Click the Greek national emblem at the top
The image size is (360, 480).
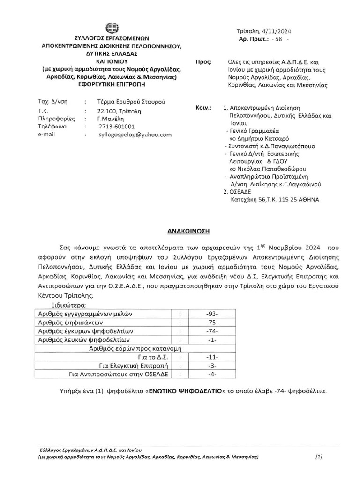pyautogui.click(x=112, y=28)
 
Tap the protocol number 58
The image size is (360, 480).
pyautogui.click(x=278, y=40)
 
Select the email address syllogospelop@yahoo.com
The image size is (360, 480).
pyautogui.click(x=135, y=134)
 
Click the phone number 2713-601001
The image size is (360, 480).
pyautogui.click(x=117, y=127)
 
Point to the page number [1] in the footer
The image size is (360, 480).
pyautogui.click(x=319, y=456)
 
